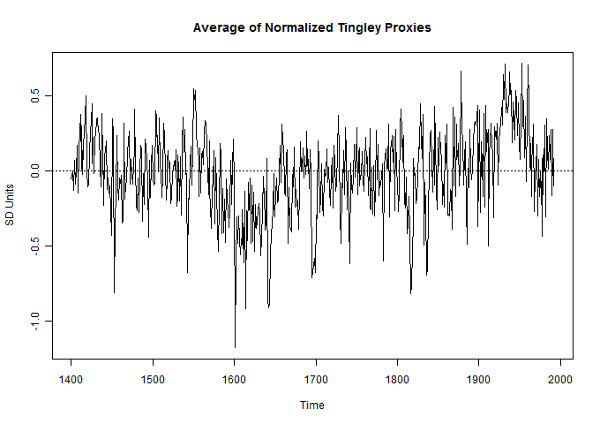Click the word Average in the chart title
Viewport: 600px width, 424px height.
(217, 28)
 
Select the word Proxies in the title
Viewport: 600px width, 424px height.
(406, 28)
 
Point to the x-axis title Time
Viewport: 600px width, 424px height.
(311, 405)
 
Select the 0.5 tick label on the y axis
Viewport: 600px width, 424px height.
(36, 95)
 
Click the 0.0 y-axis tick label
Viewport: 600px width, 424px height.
(36, 170)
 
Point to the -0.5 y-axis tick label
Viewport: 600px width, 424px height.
(36, 245)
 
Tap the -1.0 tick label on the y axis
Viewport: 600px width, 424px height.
(36, 320)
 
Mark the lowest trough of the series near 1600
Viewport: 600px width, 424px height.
(235, 347)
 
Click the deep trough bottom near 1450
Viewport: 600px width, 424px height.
(114, 292)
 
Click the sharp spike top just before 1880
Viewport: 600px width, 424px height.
(461, 72)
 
